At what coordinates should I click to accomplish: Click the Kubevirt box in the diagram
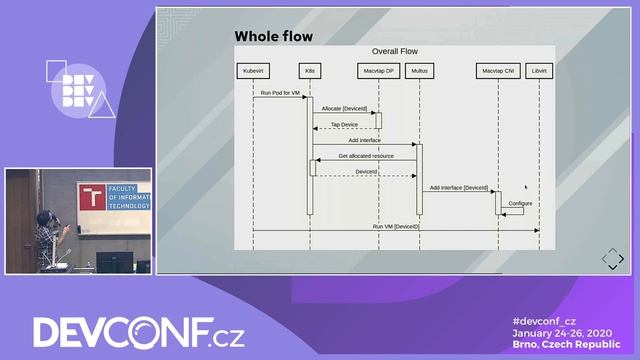(x=252, y=71)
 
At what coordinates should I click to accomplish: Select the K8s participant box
(x=310, y=71)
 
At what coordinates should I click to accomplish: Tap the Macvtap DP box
(x=378, y=71)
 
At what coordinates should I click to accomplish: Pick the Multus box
(x=419, y=71)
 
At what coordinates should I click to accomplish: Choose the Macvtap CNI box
(x=497, y=71)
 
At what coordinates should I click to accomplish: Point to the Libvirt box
(x=539, y=71)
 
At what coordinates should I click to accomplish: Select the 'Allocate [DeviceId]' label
(x=344, y=108)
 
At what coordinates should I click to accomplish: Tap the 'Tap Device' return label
(x=344, y=125)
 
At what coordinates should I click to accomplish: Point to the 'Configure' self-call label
(x=520, y=203)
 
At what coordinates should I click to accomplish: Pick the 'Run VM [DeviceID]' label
(x=396, y=226)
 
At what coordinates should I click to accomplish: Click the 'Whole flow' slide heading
(x=273, y=37)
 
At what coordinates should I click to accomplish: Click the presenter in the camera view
(x=46, y=237)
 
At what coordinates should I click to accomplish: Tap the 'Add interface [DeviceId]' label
(x=458, y=187)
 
